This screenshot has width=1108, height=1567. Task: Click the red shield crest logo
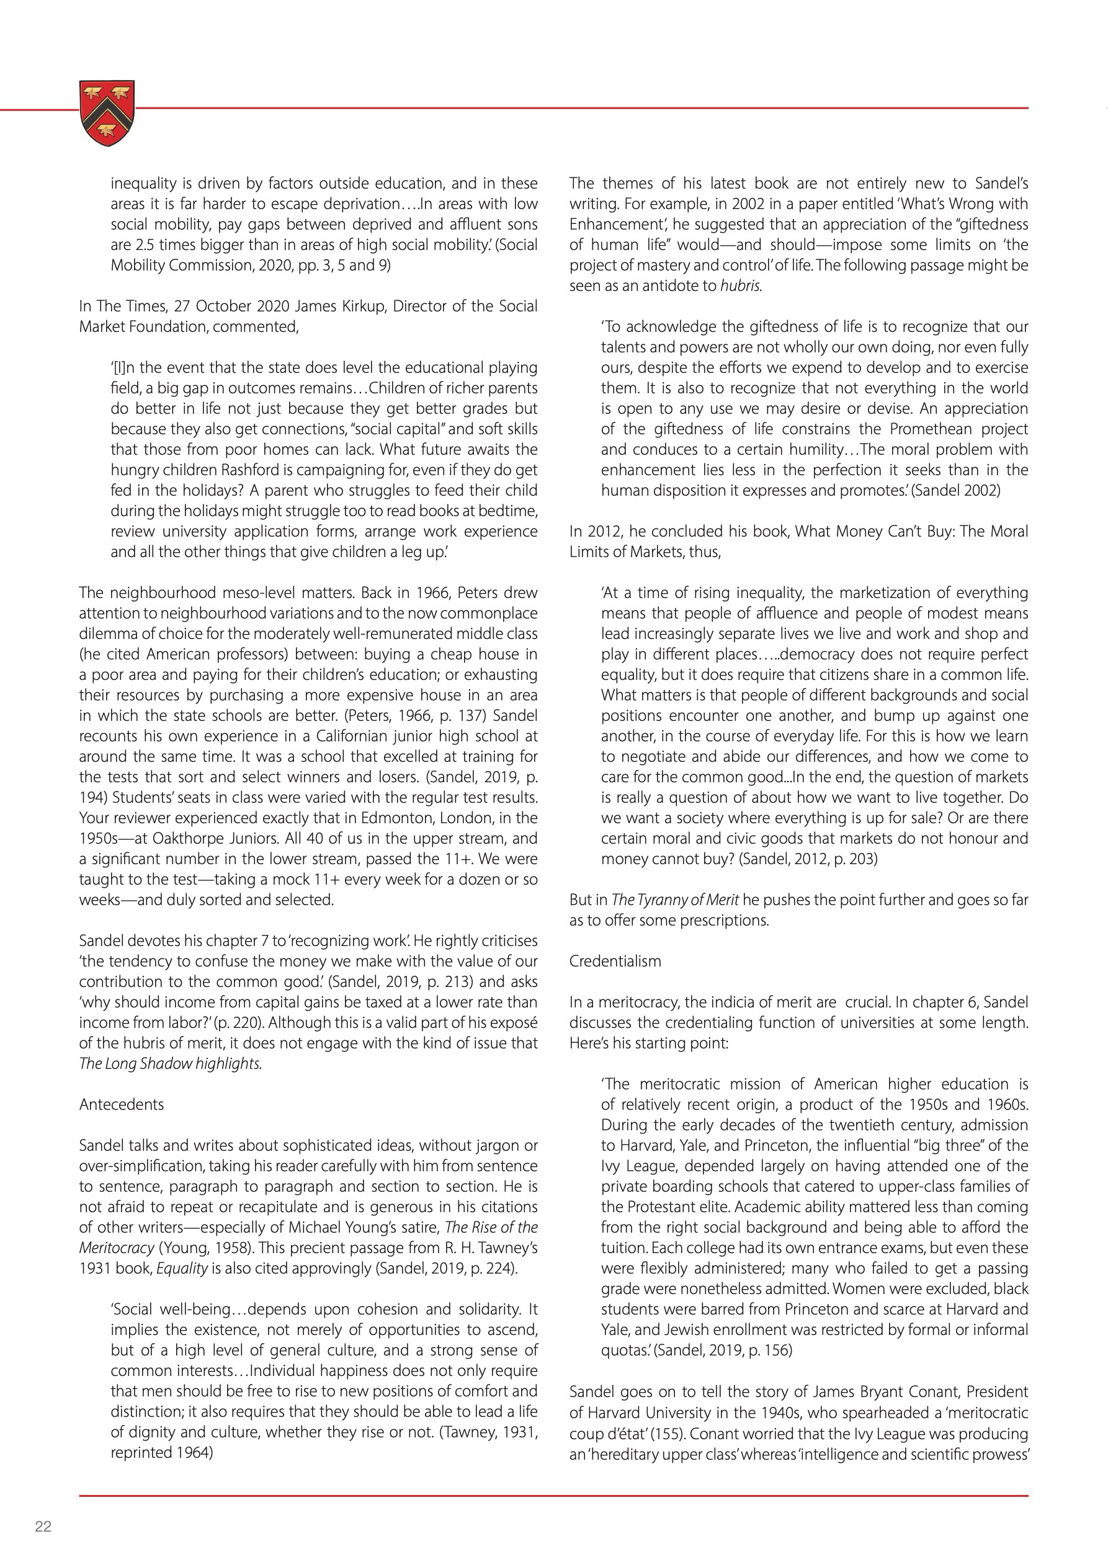[107, 113]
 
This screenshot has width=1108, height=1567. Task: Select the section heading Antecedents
[122, 1104]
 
